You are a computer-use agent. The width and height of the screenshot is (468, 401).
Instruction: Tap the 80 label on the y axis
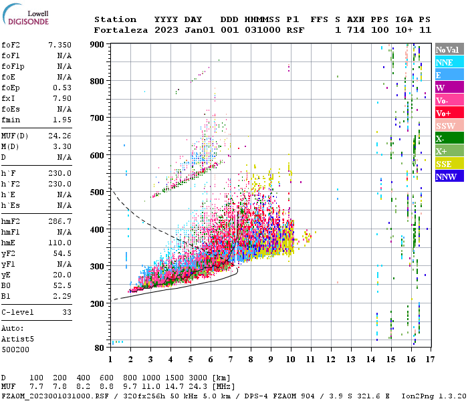(100, 348)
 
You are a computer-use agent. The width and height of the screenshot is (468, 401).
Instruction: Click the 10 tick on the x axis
(291, 360)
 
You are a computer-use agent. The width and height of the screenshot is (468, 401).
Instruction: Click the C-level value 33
(67, 312)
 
